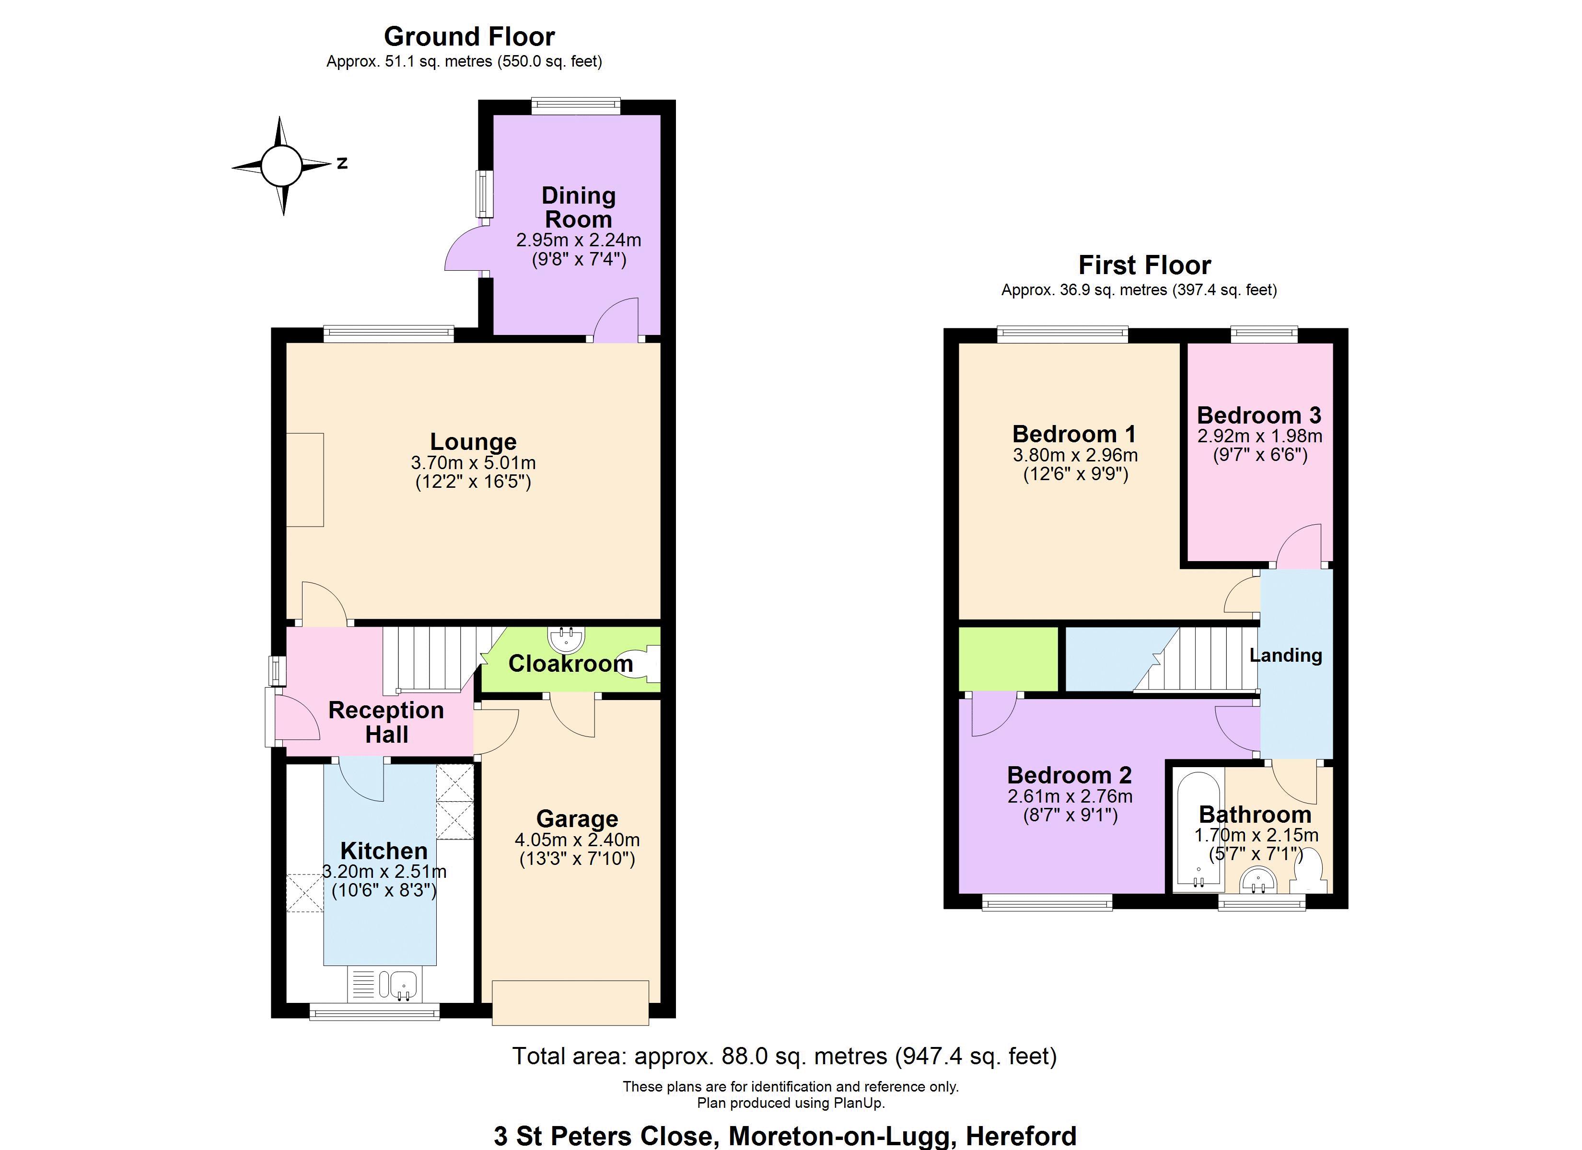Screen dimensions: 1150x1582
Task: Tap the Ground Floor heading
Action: click(469, 36)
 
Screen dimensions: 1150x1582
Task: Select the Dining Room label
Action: click(578, 207)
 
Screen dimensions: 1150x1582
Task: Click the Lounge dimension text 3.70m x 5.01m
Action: click(473, 462)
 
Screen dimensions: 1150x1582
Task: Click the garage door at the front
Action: click(570, 1002)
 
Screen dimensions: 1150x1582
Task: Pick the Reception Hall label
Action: click(386, 722)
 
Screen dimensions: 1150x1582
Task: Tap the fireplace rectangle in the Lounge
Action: click(305, 480)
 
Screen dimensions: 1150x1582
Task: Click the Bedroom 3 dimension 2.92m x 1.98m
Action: click(1259, 436)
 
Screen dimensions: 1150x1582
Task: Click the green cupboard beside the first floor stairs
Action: click(1008, 659)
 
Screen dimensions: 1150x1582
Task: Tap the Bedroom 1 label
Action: click(1074, 434)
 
